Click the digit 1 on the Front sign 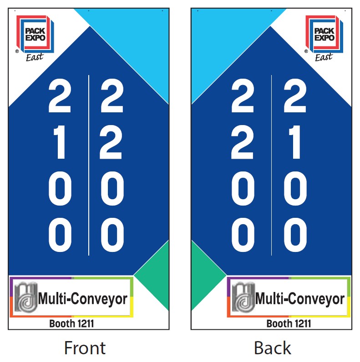tap(60, 144)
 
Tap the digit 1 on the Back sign tap(295, 144)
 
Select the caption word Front tap(85, 348)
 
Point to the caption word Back tap(272, 348)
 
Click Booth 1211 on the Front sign tap(71, 324)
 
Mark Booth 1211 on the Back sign tap(289, 324)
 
